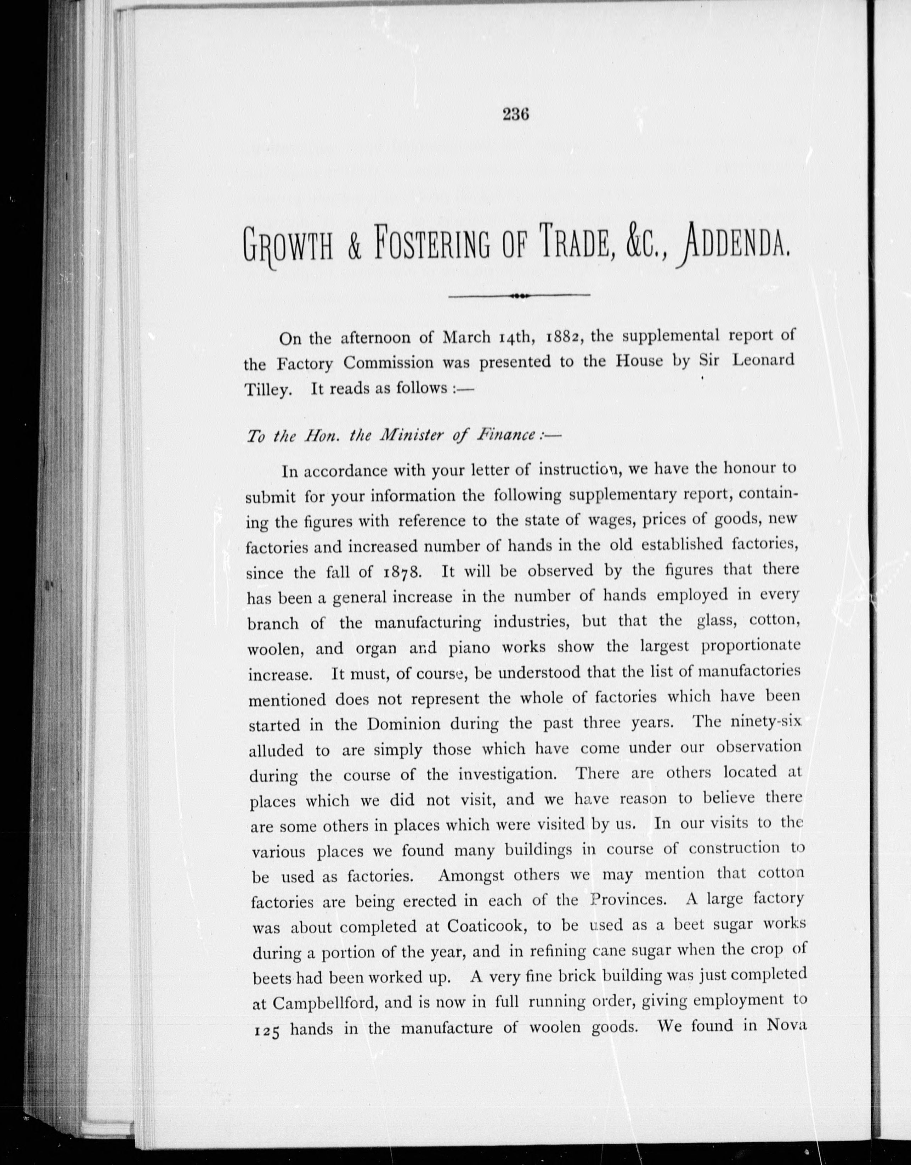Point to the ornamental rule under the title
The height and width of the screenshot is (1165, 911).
pos(519,295)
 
